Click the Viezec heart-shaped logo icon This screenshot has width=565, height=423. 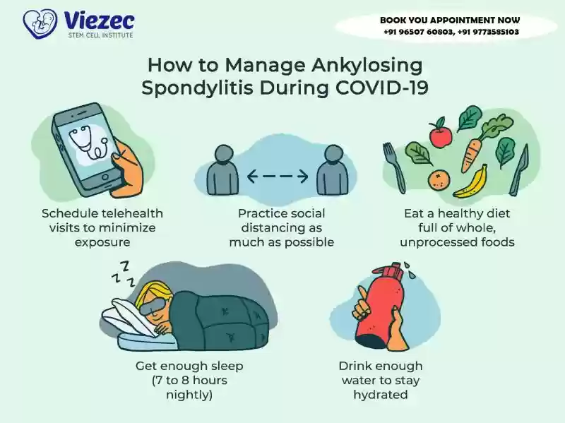(x=40, y=23)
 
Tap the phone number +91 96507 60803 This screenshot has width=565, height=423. (x=418, y=32)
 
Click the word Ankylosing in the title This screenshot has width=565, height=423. (x=367, y=66)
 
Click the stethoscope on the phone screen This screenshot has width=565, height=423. (x=88, y=143)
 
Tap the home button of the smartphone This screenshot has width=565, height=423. (x=105, y=177)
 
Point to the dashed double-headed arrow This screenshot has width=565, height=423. (x=278, y=176)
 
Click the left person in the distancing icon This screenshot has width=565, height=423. (x=222, y=169)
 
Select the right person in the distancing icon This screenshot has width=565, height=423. (x=333, y=169)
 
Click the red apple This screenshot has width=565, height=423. (x=440, y=133)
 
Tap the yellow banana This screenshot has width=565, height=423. (x=471, y=183)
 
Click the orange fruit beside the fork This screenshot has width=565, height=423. (x=439, y=180)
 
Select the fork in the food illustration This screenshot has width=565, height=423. (x=394, y=167)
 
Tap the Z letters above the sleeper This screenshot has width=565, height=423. (x=122, y=275)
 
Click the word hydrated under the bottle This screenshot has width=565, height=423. (x=381, y=395)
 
